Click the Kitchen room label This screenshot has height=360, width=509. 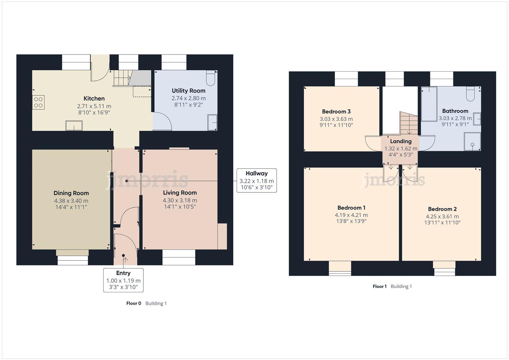[x=94, y=98]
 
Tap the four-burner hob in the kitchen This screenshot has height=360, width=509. [x=38, y=102]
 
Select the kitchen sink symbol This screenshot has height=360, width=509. [x=74, y=126]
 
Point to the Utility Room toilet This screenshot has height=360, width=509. [x=211, y=78]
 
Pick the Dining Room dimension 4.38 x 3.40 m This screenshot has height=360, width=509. [x=71, y=201]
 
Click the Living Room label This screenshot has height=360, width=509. [x=180, y=193]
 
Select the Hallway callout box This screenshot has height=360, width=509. [x=256, y=180]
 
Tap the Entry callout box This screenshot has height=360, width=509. [x=123, y=280]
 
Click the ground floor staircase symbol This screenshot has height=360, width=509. [x=122, y=78]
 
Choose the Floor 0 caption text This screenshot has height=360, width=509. [x=134, y=303]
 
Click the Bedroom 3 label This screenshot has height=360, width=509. [x=336, y=112]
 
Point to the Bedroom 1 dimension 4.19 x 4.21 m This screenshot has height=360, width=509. [x=351, y=215]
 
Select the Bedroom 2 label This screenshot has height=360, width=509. [x=442, y=209]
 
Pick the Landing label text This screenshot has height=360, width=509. [x=401, y=141]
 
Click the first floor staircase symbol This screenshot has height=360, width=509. [x=409, y=123]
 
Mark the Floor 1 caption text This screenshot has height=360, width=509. [x=380, y=286]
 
